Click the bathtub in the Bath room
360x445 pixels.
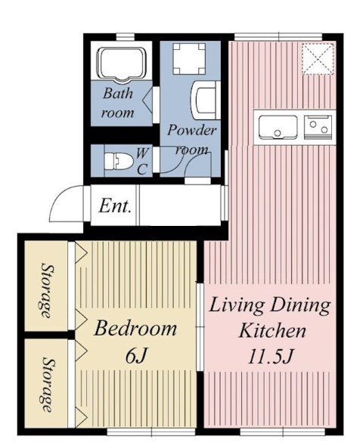121,64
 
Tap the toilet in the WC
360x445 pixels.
119,162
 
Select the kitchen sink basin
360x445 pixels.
278,127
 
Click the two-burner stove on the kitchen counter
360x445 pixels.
318,127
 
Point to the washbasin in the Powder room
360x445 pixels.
205,100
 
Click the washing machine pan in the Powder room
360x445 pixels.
189,58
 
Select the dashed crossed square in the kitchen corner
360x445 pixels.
318,59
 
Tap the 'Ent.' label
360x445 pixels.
116,206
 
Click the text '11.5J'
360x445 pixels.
270,356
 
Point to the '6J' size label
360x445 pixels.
136,355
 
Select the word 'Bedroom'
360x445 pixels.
135,329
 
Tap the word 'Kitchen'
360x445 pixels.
272,330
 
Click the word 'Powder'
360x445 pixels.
191,130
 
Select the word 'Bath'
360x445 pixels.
118,93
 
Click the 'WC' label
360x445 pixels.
142,162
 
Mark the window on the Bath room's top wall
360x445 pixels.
126,37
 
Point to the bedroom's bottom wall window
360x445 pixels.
151,431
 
